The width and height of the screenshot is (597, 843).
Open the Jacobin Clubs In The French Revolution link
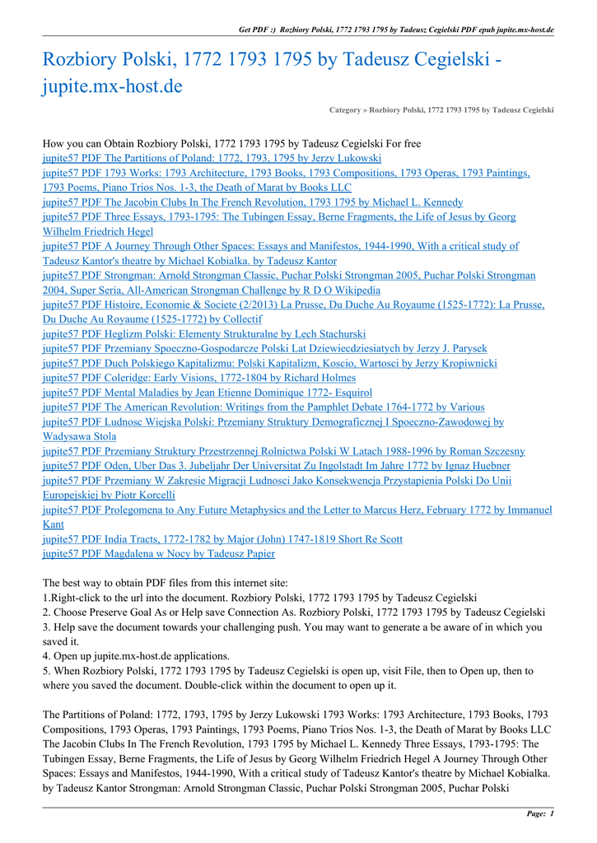click(x=253, y=203)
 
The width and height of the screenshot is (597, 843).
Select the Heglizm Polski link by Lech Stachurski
click(x=204, y=334)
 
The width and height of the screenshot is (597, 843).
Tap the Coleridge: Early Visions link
click(x=199, y=378)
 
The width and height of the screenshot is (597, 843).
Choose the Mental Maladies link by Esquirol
click(x=208, y=393)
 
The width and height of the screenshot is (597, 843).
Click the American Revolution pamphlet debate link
click(x=264, y=408)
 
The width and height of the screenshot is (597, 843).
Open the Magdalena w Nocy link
click(x=159, y=554)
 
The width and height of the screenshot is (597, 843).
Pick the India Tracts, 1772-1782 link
click(x=222, y=539)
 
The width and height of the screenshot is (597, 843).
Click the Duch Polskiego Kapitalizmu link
click(x=269, y=363)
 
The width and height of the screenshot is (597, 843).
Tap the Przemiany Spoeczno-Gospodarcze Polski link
click(x=264, y=349)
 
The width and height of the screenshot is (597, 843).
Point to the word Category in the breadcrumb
click(x=344, y=109)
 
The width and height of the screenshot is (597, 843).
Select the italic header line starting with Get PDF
click(x=395, y=30)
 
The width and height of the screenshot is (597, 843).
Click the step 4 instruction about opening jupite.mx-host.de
click(x=136, y=656)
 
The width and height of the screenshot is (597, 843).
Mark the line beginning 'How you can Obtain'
click(x=231, y=143)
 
